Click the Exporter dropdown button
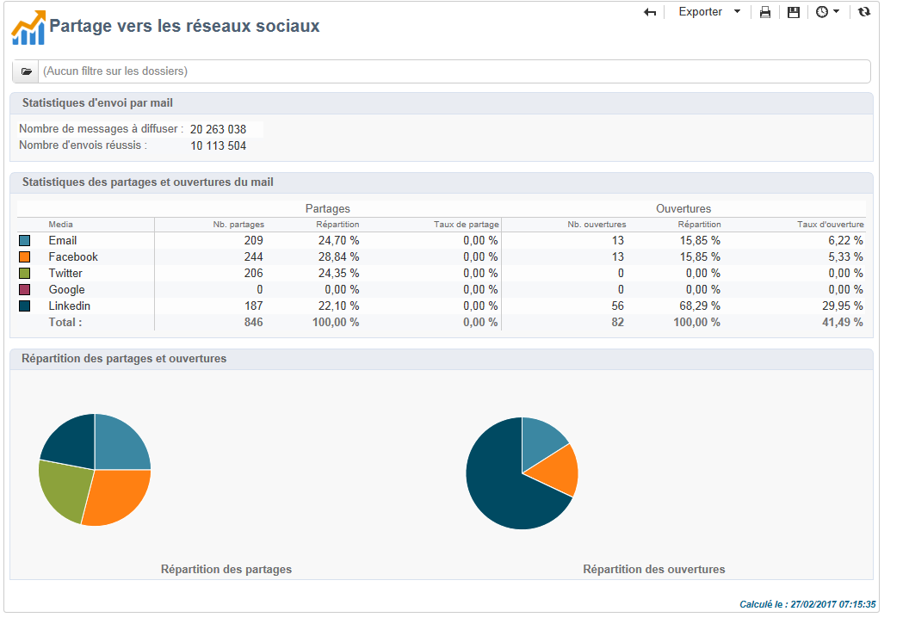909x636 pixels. pyautogui.click(x=708, y=12)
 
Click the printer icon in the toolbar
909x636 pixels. pyautogui.click(x=764, y=12)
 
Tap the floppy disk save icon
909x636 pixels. pyautogui.click(x=793, y=12)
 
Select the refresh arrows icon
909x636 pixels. pyautogui.click(x=864, y=12)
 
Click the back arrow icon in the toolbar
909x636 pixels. pyautogui.click(x=650, y=12)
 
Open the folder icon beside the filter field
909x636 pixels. pyautogui.click(x=26, y=71)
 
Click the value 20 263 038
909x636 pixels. pyautogui.click(x=218, y=129)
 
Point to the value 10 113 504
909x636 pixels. pyautogui.click(x=218, y=146)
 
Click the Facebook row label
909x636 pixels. pyautogui.click(x=73, y=256)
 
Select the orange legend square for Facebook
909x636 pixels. pyautogui.click(x=24, y=256)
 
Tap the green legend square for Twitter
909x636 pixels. pyautogui.click(x=24, y=273)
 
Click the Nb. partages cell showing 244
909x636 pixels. pyautogui.click(x=252, y=256)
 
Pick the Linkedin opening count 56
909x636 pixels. pyautogui.click(x=617, y=306)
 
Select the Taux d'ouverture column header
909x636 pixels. pyautogui.click(x=830, y=225)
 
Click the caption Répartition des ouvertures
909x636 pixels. pyautogui.click(x=653, y=569)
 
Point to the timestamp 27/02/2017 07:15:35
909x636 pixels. pyautogui.click(x=834, y=604)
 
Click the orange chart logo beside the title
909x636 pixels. pyautogui.click(x=28, y=28)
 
